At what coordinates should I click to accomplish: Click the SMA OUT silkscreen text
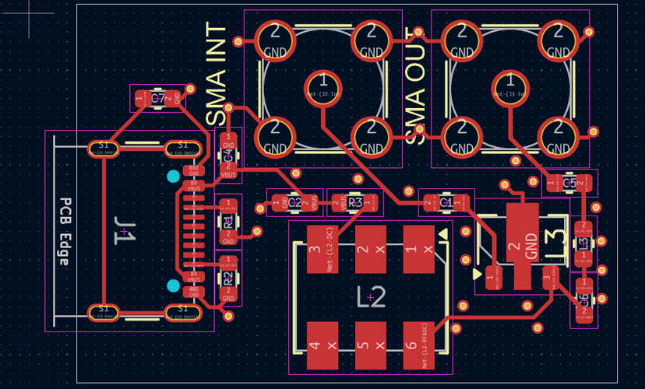418,86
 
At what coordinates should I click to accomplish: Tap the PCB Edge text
66,232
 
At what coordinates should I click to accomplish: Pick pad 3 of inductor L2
315,249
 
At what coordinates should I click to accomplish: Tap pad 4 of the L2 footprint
315,345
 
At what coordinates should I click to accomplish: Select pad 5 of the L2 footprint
363,345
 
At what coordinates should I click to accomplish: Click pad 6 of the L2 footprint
420,345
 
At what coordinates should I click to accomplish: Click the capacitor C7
157,99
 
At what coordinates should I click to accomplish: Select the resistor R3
356,202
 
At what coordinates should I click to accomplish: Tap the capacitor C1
446,202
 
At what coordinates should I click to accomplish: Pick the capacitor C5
569,184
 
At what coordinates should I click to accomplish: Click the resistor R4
228,219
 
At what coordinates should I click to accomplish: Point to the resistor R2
228,277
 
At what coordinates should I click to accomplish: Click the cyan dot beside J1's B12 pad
173,177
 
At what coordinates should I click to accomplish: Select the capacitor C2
294,202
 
